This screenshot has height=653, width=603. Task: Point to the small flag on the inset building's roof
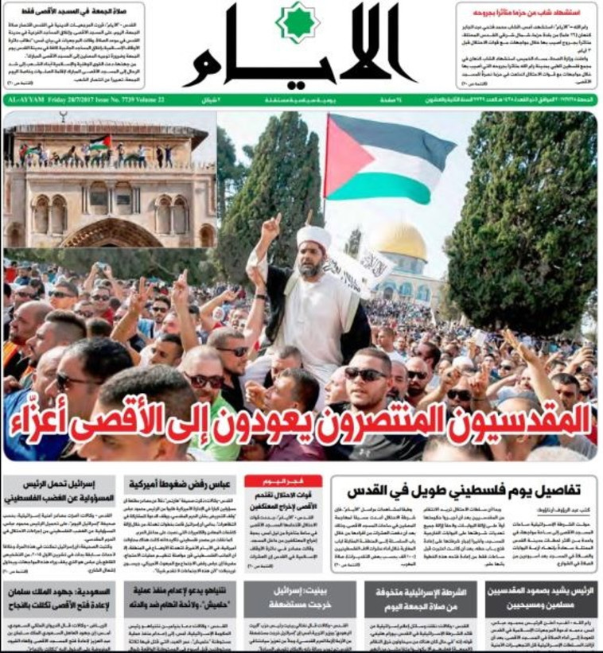(x=100, y=142)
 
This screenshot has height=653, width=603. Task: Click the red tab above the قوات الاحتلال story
(x=282, y=480)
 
